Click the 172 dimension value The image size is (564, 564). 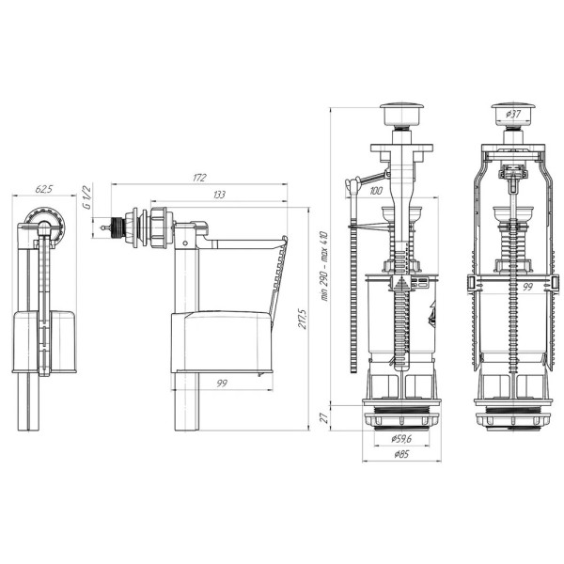[x=199, y=178]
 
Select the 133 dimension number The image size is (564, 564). [x=219, y=195]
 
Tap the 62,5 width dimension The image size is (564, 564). [x=44, y=189]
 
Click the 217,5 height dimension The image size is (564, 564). [x=302, y=319]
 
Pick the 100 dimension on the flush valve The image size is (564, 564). [x=376, y=191]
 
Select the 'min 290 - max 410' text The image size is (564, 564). [x=324, y=266]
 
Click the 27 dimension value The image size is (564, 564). [x=324, y=417]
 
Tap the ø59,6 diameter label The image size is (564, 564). [x=401, y=438]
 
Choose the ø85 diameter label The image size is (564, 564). [x=401, y=454]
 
